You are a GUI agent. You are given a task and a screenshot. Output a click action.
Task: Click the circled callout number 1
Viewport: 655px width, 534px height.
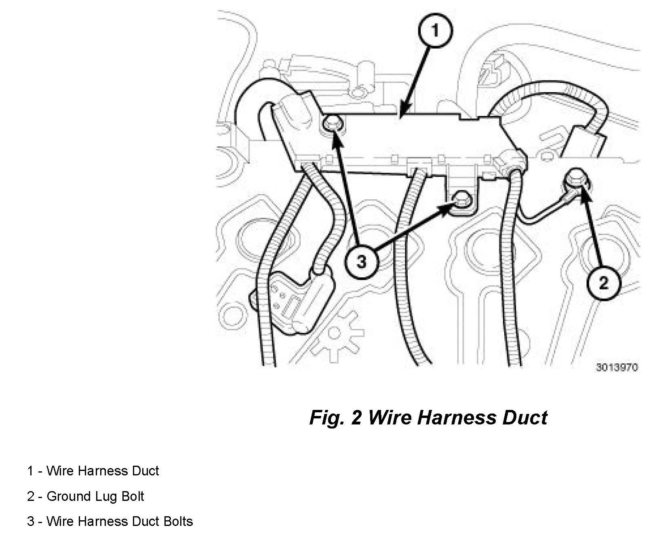coord(435,31)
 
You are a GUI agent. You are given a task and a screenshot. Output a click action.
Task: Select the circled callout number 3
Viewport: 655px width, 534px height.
coord(361,262)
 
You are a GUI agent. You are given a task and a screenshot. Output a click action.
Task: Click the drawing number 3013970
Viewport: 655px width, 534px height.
coord(617,367)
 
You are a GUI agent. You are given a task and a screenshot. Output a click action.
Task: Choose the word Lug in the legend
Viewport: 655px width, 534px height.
coord(106,496)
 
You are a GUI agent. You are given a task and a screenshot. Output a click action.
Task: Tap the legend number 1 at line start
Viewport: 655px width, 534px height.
coord(30,471)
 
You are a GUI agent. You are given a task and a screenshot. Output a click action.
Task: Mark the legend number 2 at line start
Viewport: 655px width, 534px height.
coord(30,496)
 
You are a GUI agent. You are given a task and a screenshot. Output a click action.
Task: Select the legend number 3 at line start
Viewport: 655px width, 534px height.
coord(30,521)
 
